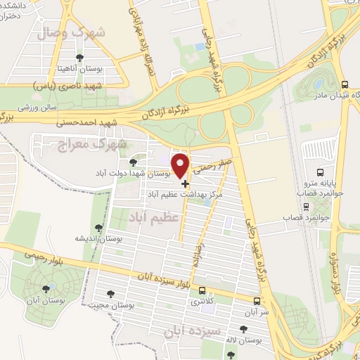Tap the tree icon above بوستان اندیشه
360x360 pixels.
click(x=98, y=227)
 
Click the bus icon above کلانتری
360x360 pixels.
click(x=202, y=290)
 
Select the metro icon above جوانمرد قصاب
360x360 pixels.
click(x=306, y=206)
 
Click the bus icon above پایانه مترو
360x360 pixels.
click(x=321, y=172)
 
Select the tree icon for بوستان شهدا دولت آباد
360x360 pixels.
click(x=132, y=162)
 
